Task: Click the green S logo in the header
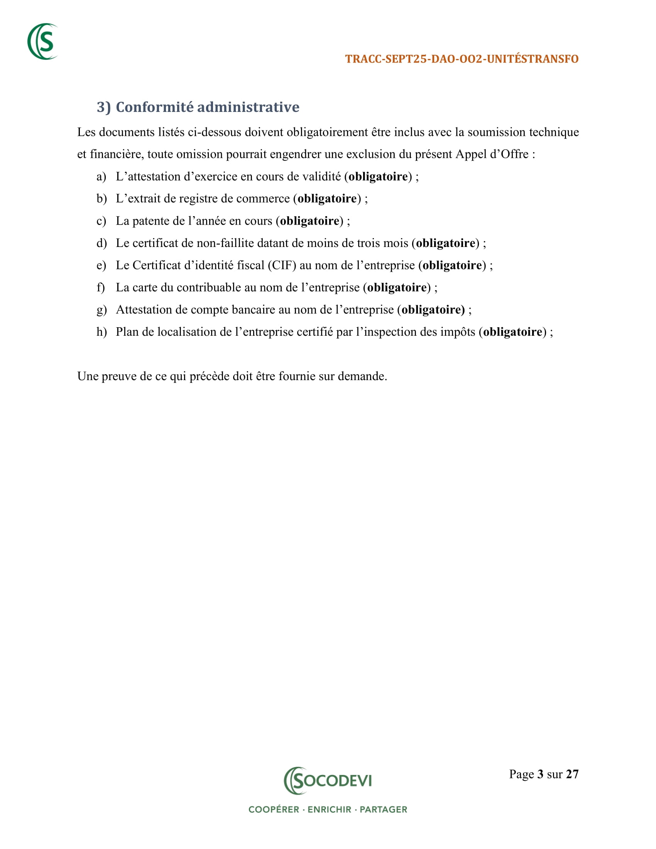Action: [43, 42]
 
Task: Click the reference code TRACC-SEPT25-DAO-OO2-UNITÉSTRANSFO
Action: [462, 59]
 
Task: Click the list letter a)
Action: [101, 177]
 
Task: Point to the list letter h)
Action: [101, 332]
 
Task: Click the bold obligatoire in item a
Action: [378, 177]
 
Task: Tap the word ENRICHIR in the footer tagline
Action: [329, 810]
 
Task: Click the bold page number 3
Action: [540, 775]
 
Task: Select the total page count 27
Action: [572, 775]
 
